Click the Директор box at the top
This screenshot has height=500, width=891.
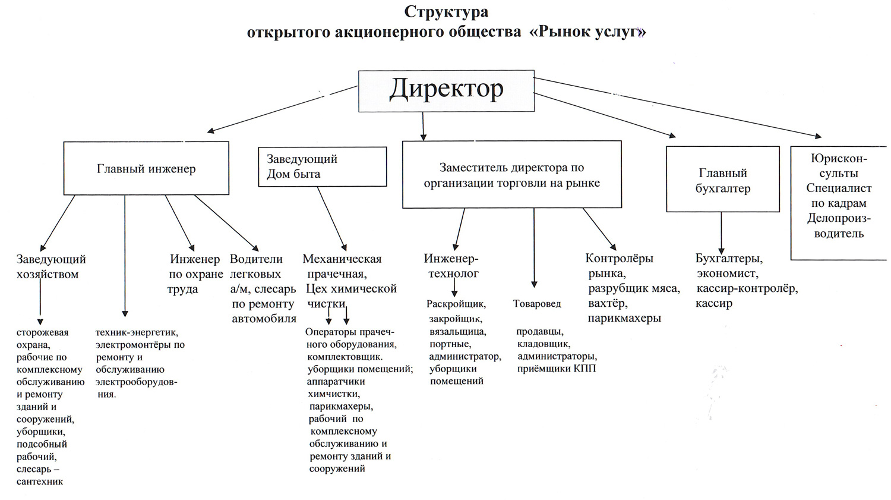coord(446,91)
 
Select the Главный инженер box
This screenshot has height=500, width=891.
coord(146,169)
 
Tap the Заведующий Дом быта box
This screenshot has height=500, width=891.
coord(322,166)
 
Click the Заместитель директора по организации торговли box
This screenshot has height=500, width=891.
coord(511,175)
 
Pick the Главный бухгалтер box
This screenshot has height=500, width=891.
coord(722,180)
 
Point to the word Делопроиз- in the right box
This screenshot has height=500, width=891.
coord(839,218)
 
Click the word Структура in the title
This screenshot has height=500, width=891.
coord(446,12)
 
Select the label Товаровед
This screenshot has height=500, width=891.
coord(537,304)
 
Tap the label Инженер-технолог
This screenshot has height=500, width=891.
coord(451,266)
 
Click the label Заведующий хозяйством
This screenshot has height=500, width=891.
coord(50,266)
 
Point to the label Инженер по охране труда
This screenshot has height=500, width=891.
coord(195,274)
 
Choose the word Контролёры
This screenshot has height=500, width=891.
coord(619,259)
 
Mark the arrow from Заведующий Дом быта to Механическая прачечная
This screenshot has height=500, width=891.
coord(332,218)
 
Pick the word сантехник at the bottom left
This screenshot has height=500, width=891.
coord(40,482)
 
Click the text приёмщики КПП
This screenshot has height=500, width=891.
coord(557,369)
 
